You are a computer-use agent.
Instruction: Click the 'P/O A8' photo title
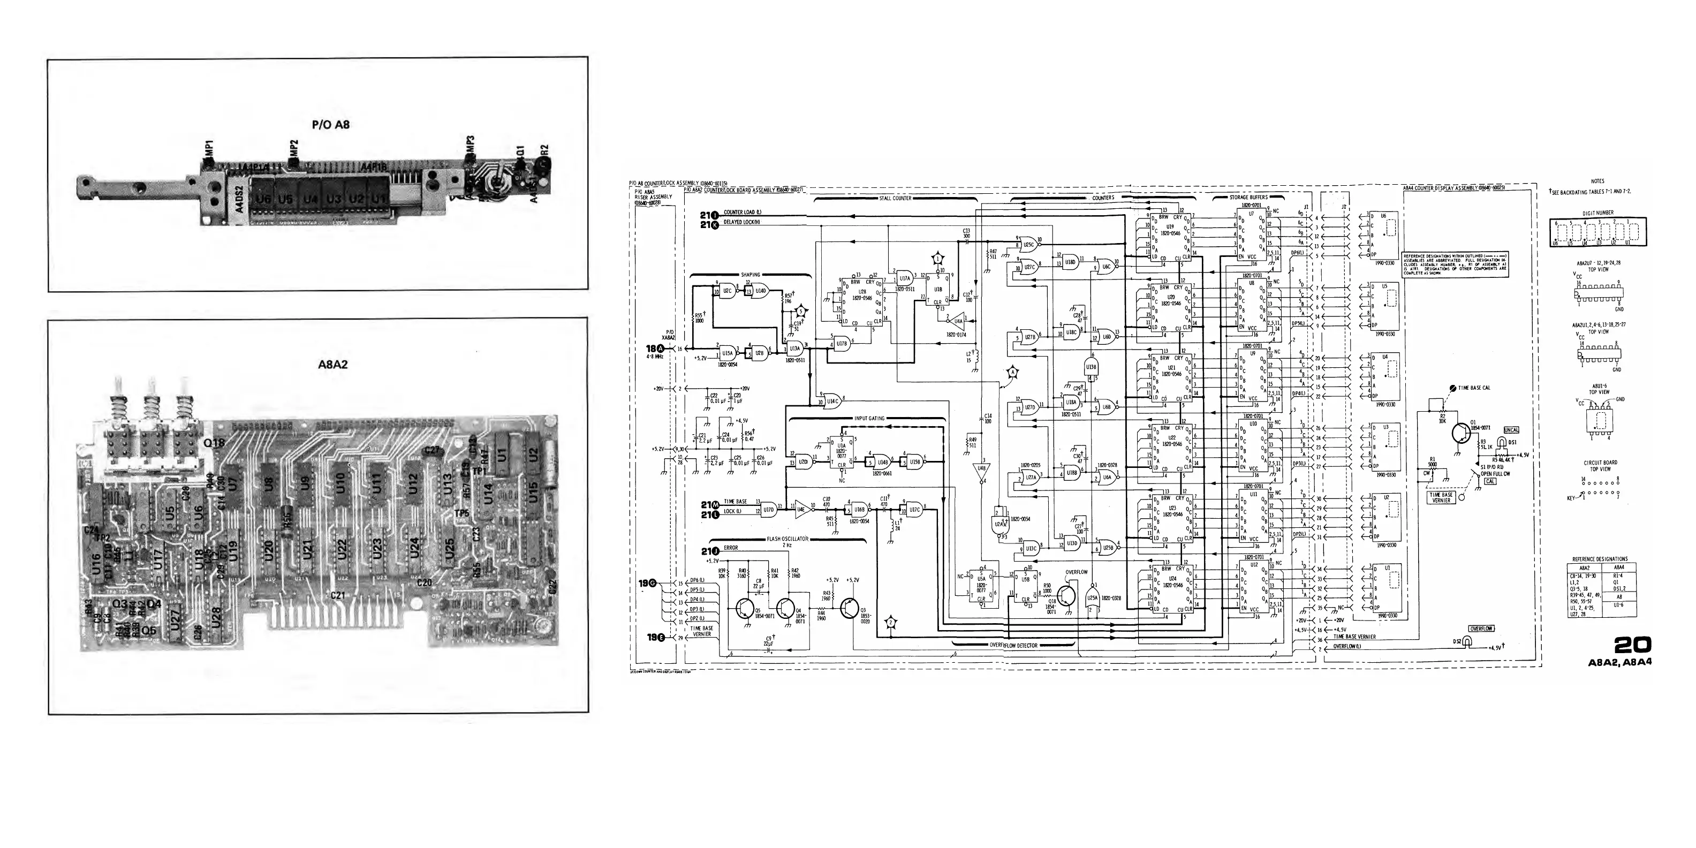[x=330, y=124]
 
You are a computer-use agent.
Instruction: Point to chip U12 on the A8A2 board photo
[x=413, y=485]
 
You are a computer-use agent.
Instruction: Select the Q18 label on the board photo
[x=215, y=443]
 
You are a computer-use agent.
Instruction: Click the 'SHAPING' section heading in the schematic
[x=750, y=275]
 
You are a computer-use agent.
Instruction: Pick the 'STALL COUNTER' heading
[x=895, y=198]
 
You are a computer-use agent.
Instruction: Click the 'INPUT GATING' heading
[x=869, y=419]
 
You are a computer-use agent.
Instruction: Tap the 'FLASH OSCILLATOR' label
[x=787, y=539]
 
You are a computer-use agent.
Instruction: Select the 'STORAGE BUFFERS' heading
[x=1248, y=198]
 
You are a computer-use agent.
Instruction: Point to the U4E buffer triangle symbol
[x=800, y=507]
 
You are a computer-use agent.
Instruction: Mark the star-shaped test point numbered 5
[x=800, y=310]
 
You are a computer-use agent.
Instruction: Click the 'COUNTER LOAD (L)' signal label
[x=743, y=212]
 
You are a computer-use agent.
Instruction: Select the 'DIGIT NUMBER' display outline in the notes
[x=1597, y=232]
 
